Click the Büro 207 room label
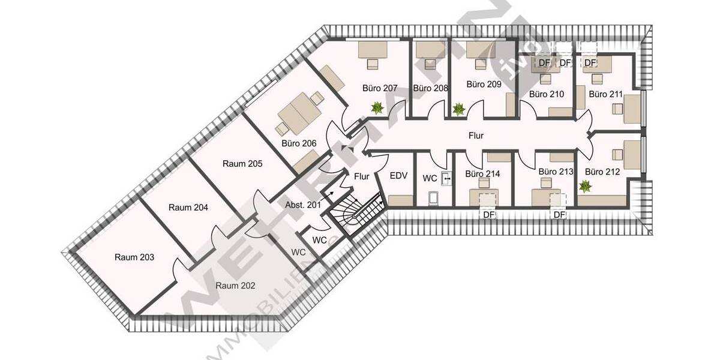tap(380, 88)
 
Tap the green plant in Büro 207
tap(377, 108)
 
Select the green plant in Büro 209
tap(458, 109)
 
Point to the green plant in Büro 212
tap(584, 187)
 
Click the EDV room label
tap(399, 176)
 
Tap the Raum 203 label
tap(134, 257)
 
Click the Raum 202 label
tap(235, 286)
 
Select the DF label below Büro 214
tap(488, 214)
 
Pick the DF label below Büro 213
tap(559, 214)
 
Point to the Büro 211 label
tap(605, 94)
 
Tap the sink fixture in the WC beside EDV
tap(446, 178)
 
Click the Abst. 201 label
tap(303, 205)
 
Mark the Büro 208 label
tap(431, 88)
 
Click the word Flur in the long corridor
tap(476, 136)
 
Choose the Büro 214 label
tap(482, 174)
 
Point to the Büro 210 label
tap(547, 94)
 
